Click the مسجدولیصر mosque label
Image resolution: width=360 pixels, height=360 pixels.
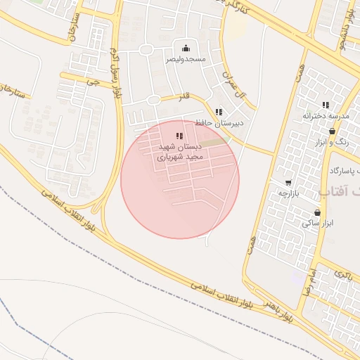click(186, 60)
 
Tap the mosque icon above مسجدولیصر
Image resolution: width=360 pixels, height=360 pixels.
click(186, 48)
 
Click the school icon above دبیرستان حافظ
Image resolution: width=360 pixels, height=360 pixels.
click(219, 111)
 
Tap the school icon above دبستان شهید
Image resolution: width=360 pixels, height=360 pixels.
click(179, 136)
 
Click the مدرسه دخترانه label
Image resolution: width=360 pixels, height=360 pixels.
click(326, 115)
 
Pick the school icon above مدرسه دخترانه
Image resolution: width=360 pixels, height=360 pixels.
click(326, 105)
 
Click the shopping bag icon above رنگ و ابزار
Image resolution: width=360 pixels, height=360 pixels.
click(333, 131)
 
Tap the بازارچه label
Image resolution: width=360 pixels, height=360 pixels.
click(289, 193)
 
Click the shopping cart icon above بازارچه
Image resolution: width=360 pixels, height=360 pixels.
click(288, 183)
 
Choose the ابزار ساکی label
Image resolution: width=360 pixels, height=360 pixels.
click(316, 223)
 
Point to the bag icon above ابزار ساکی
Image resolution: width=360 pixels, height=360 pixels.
click(317, 212)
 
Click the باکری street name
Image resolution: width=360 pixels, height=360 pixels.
click(342, 274)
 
